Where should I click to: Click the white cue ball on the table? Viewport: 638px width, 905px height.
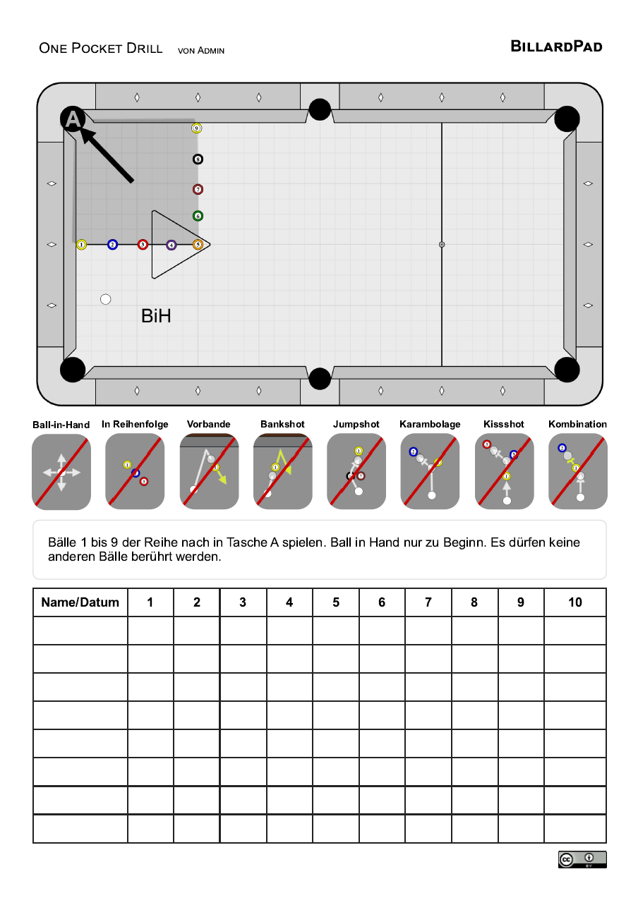pyautogui.click(x=106, y=299)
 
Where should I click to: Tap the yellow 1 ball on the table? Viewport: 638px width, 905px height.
pyautogui.click(x=82, y=245)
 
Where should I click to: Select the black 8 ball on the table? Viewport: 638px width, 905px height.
pyautogui.click(x=198, y=159)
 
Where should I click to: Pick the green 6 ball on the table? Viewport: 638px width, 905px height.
pyautogui.click(x=198, y=216)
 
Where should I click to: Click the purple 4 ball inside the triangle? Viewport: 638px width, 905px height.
pyautogui.click(x=171, y=245)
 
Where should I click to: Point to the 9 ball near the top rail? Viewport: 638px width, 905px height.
pyautogui.click(x=197, y=128)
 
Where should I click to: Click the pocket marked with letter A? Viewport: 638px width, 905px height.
pyautogui.click(x=73, y=119)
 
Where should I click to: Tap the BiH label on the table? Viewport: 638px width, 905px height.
pyautogui.click(x=156, y=316)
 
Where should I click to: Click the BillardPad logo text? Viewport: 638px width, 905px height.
pyautogui.click(x=556, y=47)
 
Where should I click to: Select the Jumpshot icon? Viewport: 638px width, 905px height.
pyautogui.click(x=356, y=471)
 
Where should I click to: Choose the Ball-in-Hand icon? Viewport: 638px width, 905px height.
pyautogui.click(x=61, y=472)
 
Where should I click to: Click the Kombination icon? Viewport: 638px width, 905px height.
pyautogui.click(x=577, y=471)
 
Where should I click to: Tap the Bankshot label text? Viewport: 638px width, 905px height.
pyautogui.click(x=282, y=424)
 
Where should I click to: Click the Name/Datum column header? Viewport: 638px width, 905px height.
pyautogui.click(x=80, y=602)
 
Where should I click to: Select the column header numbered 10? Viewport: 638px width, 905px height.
pyautogui.click(x=575, y=602)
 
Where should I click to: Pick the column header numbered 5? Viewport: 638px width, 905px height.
pyautogui.click(x=336, y=602)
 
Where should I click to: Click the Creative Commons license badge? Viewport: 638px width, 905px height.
pyautogui.click(x=582, y=859)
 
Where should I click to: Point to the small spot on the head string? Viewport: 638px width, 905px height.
pyautogui.click(x=442, y=245)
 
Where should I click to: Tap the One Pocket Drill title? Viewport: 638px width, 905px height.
pyautogui.click(x=101, y=48)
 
